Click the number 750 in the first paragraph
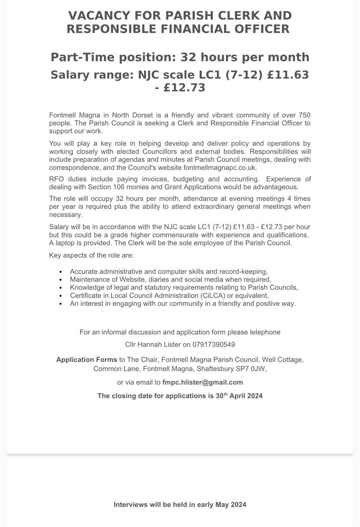click(304, 115)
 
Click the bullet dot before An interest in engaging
click(60, 303)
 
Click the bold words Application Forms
click(86, 360)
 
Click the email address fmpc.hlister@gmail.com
click(202, 382)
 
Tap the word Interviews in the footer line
click(130, 505)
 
